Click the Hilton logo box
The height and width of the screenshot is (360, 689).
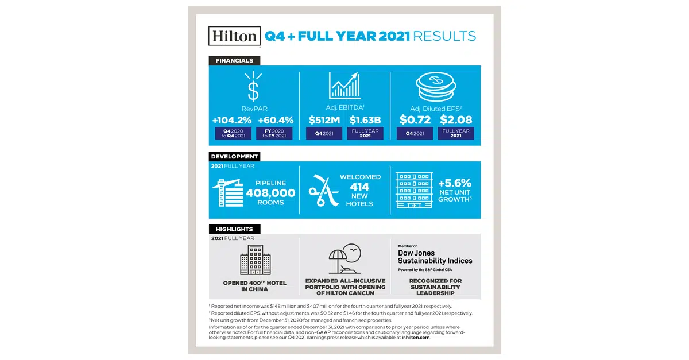[x=234, y=36]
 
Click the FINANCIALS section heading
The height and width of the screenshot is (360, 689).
[x=234, y=60]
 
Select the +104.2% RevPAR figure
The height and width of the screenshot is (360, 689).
[x=233, y=121]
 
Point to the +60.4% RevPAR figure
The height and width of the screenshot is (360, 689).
[x=276, y=121]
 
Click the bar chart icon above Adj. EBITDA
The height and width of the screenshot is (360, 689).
[x=344, y=86]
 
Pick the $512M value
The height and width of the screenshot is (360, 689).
[x=324, y=121]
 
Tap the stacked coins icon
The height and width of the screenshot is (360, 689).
[x=435, y=86]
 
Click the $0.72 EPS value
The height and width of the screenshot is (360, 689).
[x=415, y=121]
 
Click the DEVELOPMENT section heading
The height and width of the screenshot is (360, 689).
[x=234, y=156]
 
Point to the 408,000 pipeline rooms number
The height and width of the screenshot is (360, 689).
[x=270, y=193]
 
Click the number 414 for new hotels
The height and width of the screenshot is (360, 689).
[x=359, y=187]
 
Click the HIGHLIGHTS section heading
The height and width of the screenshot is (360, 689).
[x=234, y=229]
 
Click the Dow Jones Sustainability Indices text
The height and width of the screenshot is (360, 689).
[x=435, y=257]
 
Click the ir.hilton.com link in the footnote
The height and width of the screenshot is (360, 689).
[x=411, y=338]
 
